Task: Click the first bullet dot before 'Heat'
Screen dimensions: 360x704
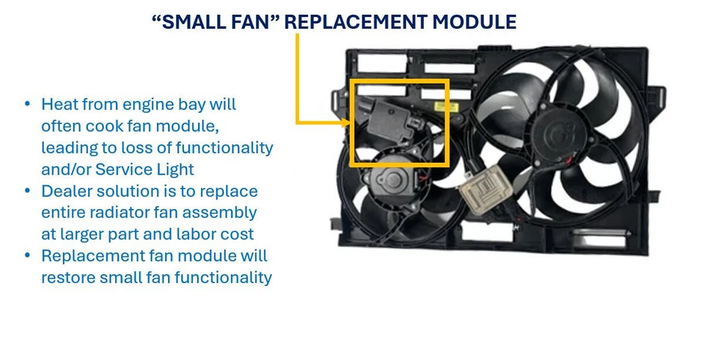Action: [x=28, y=104]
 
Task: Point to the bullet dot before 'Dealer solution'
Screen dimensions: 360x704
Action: [x=28, y=191]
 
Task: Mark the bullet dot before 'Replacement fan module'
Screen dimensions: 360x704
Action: [x=28, y=256]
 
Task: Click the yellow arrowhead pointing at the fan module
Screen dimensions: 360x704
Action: [x=346, y=122]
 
